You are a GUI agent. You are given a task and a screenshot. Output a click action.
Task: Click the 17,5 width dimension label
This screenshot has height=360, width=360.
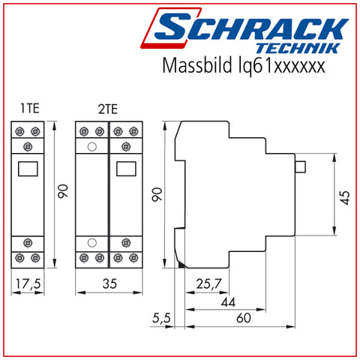[28, 283]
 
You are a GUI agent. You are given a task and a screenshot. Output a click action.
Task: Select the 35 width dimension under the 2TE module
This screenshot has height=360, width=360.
[109, 283]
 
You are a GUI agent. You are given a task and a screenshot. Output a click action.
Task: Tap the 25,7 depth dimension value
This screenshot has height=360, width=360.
[208, 283]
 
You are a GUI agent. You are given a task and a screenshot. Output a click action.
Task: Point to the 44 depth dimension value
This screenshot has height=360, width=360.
[228, 302]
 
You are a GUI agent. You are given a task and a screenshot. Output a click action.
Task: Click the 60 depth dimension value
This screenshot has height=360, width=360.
[244, 318]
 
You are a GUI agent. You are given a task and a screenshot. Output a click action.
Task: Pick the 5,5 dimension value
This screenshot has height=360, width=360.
[161, 318]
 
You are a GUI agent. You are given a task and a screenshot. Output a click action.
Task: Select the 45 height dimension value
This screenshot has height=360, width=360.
[345, 198]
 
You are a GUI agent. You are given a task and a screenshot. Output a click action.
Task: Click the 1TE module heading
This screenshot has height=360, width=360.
[30, 109]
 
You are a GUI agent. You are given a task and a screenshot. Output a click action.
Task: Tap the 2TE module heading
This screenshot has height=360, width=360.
[108, 109]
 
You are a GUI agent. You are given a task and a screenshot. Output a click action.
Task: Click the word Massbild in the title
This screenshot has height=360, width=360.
[197, 65]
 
